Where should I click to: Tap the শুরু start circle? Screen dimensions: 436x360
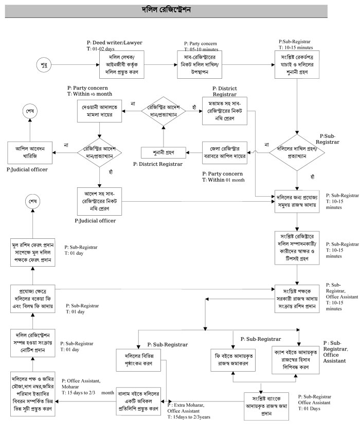point(44,65)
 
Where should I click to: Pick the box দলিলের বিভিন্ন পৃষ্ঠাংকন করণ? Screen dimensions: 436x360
point(139,357)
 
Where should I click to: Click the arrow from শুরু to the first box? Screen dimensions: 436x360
point(77,65)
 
